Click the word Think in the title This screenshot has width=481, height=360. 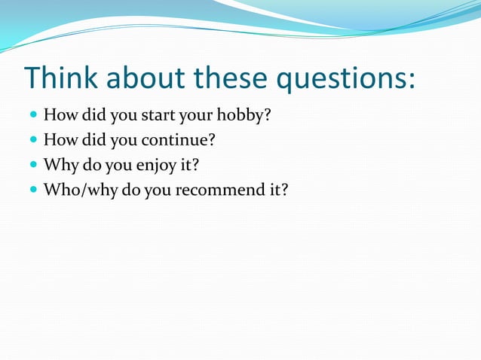click(x=60, y=79)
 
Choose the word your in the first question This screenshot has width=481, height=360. click(x=196, y=117)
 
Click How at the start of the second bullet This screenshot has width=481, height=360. click(x=59, y=141)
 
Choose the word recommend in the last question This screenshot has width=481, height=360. click(x=216, y=190)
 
